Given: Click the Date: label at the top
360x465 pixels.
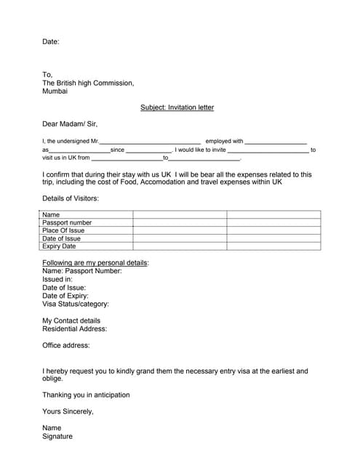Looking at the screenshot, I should coord(51,42).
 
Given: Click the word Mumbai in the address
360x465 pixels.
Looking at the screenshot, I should coord(55,92).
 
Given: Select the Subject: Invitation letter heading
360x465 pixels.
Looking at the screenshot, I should coord(177,108).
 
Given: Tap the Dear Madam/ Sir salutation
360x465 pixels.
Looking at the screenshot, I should coord(70,124).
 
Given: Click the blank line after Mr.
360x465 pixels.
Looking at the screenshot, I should coord(149,142).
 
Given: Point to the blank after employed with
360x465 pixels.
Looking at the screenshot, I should coord(276,142).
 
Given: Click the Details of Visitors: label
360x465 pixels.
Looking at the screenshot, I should coord(71,198).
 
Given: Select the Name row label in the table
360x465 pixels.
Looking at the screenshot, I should coord(51,215).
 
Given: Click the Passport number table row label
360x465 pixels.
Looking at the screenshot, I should coord(67,223).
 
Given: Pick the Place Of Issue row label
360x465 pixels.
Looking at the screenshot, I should coord(63,230).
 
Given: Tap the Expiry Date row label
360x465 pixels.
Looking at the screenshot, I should coord(59,246).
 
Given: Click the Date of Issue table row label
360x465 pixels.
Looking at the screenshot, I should coord(61,238).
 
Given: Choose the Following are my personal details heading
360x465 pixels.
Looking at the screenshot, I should coord(95,262).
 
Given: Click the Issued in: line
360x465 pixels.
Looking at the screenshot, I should coord(57,279).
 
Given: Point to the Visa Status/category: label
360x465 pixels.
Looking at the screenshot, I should coord(76,304).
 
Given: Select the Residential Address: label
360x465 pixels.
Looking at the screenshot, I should coord(74,329).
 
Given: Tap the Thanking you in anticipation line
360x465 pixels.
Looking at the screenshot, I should coord(86,395).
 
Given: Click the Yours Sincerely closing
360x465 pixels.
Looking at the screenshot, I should coord(68,412).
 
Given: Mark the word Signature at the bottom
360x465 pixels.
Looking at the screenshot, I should coord(57,437).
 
